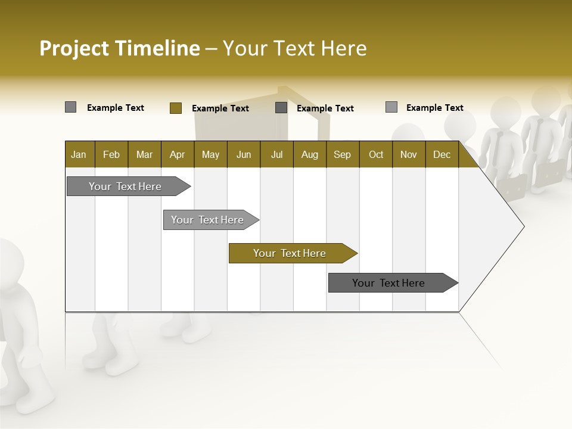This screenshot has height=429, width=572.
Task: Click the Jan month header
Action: point(79,154)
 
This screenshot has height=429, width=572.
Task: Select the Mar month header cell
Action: point(144,154)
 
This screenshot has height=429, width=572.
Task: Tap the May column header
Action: point(210,154)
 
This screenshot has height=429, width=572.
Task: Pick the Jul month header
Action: point(276,154)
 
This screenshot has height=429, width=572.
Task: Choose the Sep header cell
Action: point(342,154)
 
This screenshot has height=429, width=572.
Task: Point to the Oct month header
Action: point(376,154)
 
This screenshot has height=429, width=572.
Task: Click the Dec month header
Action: point(442,154)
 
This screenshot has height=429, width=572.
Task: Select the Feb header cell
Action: point(111,154)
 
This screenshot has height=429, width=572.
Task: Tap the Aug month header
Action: point(309,154)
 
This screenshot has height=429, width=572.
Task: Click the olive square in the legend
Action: point(175,108)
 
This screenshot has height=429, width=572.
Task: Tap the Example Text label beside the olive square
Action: point(220,108)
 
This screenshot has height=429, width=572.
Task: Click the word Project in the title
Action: point(75,48)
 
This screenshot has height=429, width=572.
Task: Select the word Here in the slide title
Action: point(344,48)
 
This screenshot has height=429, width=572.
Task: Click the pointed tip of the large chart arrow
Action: point(523,226)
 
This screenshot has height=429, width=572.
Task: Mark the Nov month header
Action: point(409,154)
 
